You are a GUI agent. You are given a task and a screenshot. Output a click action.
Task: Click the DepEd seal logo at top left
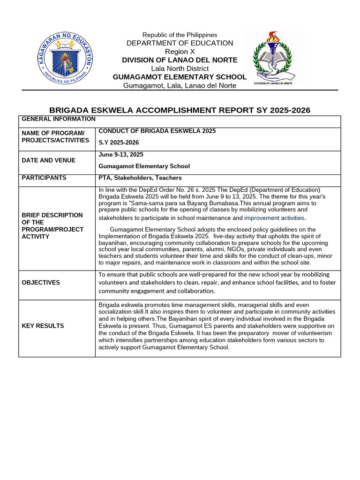[65, 59]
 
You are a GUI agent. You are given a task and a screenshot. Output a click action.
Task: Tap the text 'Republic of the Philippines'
[180, 35]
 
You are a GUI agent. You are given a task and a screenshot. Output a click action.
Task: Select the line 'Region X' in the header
[180, 52]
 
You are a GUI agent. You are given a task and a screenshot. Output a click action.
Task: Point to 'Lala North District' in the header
[180, 68]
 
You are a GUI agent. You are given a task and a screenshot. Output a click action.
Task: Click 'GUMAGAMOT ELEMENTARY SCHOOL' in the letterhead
[180, 77]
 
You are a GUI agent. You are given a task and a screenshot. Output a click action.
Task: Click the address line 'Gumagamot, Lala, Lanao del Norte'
[180, 85]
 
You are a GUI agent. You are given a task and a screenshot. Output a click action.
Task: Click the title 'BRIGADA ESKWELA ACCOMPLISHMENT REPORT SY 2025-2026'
[180, 110]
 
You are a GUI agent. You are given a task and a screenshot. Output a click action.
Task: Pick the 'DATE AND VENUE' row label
[49, 160]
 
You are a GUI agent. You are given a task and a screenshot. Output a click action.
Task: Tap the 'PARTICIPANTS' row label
[44, 178]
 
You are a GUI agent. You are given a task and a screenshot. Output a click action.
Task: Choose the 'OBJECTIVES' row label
[41, 283]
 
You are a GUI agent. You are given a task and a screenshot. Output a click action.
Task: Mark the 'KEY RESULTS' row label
[43, 326]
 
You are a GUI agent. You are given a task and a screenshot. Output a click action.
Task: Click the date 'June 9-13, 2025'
[121, 155]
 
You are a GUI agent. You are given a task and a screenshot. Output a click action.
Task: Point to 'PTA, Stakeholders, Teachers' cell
[140, 178]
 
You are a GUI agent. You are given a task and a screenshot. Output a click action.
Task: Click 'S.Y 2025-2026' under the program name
[119, 142]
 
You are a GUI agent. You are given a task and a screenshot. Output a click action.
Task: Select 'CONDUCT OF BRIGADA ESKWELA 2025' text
[157, 131]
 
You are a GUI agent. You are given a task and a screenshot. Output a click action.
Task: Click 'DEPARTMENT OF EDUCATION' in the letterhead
[180, 43]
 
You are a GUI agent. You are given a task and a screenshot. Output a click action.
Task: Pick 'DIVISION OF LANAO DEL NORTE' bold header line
[180, 60]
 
